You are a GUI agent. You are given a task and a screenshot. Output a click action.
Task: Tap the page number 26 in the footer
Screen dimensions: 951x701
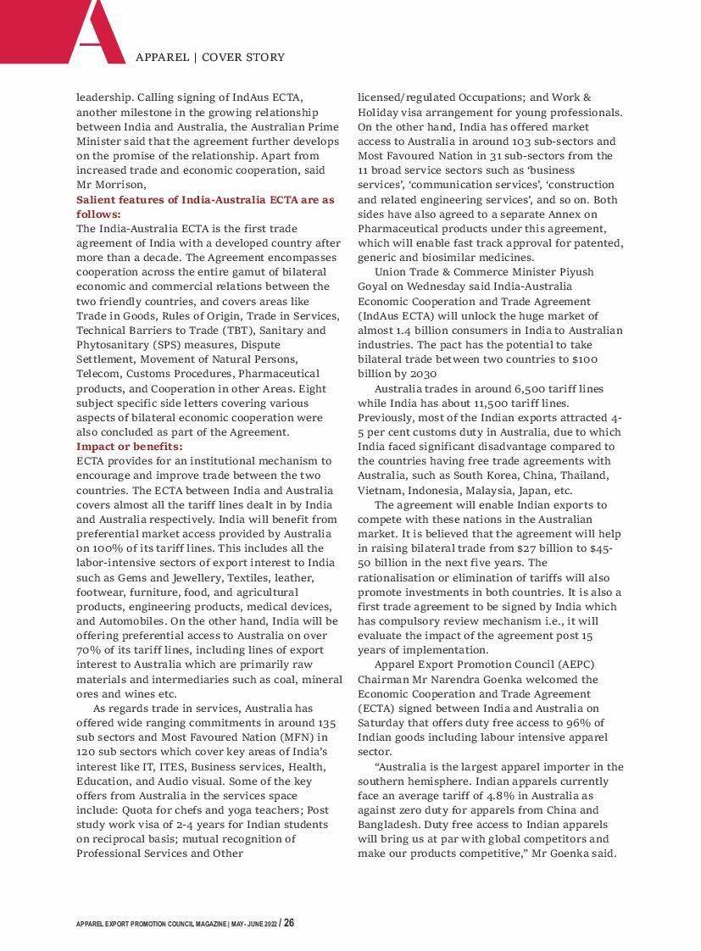point(289,922)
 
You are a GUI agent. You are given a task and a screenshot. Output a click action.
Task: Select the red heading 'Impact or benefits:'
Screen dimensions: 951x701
point(130,446)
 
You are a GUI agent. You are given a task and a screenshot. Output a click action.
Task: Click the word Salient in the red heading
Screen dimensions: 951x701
point(96,200)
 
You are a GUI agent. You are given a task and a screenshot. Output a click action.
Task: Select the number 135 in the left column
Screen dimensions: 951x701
point(326,721)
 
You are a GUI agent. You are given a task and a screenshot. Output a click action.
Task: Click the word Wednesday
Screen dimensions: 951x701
point(430,286)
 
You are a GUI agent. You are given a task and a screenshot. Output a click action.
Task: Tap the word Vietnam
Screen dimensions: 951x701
point(381,490)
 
